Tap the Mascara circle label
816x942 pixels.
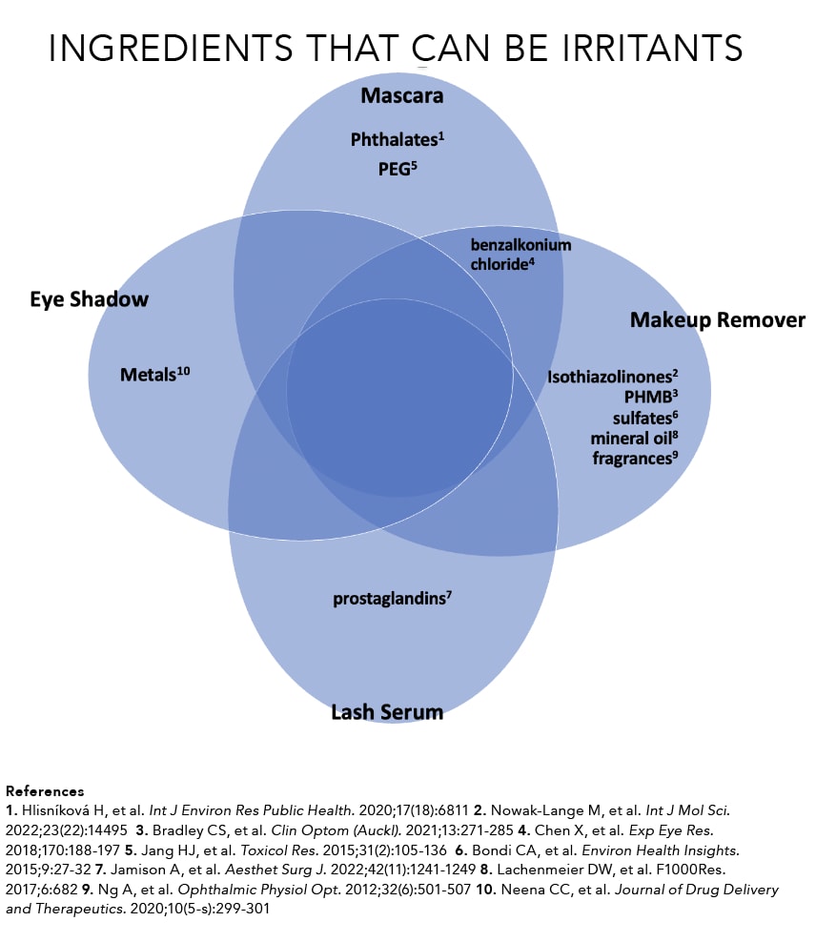coord(401,95)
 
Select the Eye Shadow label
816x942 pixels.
coord(89,299)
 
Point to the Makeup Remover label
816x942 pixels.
coord(717,320)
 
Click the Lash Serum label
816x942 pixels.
coord(387,711)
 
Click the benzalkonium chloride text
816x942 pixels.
coord(520,255)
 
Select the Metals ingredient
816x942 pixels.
coord(155,374)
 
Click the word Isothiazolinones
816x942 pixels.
coord(611,377)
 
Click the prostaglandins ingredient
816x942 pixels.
coord(391,599)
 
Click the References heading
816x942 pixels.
coord(45,790)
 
